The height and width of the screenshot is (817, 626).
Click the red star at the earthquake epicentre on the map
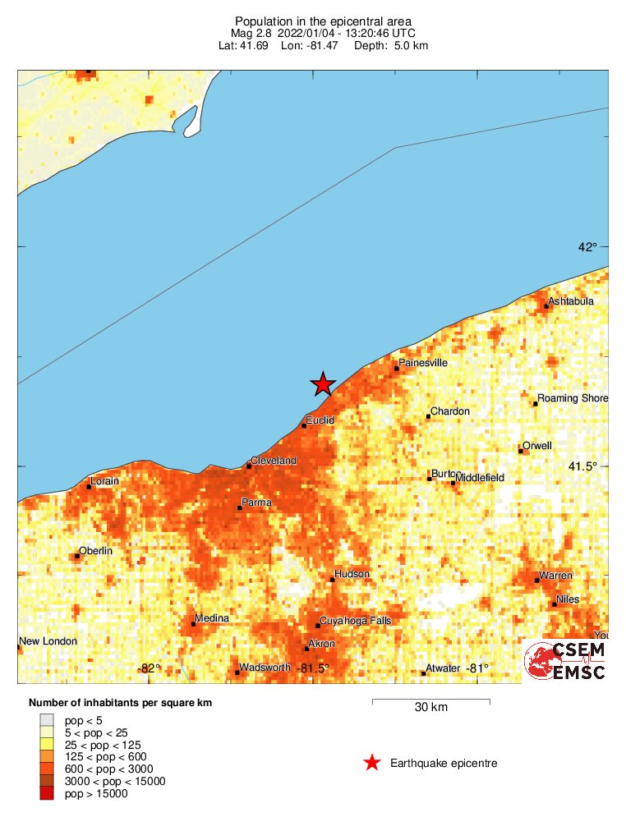[x=323, y=383]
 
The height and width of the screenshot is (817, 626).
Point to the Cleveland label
[x=274, y=461]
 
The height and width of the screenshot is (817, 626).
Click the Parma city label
[x=256, y=503]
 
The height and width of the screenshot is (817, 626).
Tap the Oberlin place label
[x=95, y=550]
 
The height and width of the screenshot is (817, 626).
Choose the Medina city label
[x=211, y=618]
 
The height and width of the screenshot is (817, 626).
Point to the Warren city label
[x=555, y=576]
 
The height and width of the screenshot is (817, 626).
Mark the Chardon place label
[x=450, y=411]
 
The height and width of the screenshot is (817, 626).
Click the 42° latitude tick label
[x=587, y=247]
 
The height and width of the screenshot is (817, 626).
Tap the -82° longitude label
[x=149, y=668]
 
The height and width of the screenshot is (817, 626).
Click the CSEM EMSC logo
[x=565, y=661]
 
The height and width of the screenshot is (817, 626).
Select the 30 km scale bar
[x=431, y=701]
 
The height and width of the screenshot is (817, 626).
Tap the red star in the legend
[x=372, y=764]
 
